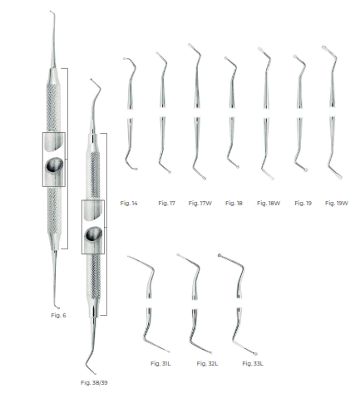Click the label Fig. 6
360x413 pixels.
coord(56,315)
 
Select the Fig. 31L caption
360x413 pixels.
coord(160,364)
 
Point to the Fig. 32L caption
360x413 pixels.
coord(206,364)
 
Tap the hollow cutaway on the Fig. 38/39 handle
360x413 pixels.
coord(94,235)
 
